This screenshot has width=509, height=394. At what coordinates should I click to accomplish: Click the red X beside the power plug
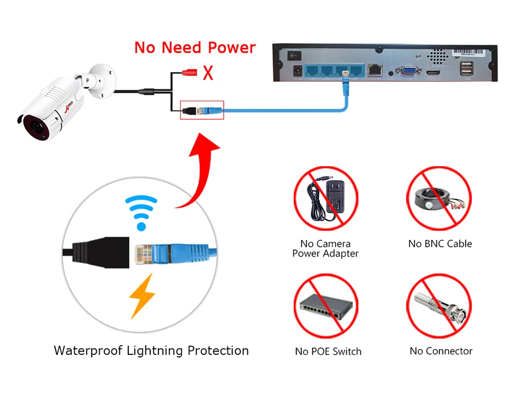click(208, 72)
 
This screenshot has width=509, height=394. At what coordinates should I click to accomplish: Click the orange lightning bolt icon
click(141, 295)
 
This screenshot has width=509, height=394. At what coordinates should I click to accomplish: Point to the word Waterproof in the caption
click(88, 351)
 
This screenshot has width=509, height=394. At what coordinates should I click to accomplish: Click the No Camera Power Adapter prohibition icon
click(326, 198)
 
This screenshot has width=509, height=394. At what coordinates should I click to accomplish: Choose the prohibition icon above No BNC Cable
click(439, 198)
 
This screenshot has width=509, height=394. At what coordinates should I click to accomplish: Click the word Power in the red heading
click(231, 48)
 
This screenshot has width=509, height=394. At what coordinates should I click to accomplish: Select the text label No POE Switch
click(328, 352)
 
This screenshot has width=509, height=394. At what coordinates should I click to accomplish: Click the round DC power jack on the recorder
click(298, 70)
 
